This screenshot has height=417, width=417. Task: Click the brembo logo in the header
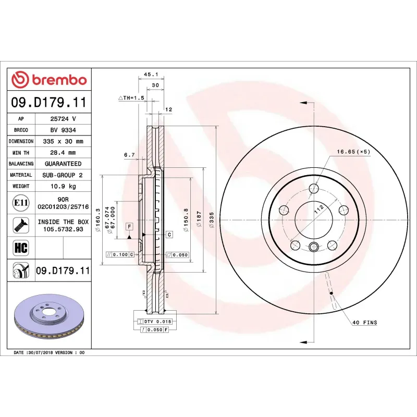point(49,80)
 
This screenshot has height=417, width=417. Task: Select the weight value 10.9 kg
point(63,186)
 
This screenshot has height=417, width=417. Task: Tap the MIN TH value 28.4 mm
point(63,153)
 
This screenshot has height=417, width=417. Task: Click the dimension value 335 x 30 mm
point(63,141)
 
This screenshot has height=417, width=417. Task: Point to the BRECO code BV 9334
point(63,130)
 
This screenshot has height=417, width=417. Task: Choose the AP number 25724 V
point(63,119)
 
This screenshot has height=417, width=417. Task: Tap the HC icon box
point(20,247)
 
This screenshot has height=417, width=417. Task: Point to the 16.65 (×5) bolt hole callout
point(353,151)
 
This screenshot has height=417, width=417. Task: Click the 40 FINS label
point(364,323)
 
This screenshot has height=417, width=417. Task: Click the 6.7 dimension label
point(129,155)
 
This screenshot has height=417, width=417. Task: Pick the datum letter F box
point(128,226)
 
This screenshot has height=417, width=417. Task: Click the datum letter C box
point(169,235)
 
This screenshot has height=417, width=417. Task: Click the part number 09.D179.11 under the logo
point(49,103)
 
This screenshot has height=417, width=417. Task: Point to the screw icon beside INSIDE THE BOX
point(20,225)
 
